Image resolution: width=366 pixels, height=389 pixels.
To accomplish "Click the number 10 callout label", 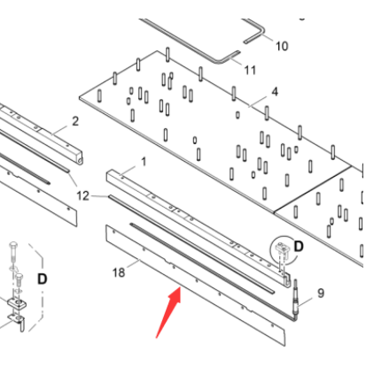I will (x=281, y=45).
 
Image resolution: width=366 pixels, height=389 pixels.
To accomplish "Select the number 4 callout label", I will (x=274, y=92).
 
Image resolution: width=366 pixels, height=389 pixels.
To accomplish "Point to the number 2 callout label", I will (x=74, y=121).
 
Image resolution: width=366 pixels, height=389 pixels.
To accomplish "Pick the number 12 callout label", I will (x=82, y=195).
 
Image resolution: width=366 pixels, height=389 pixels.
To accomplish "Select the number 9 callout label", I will (x=321, y=293).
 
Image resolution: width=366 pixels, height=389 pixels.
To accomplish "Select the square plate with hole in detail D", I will (x=17, y=306).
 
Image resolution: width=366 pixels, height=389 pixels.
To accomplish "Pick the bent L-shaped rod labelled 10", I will (x=253, y=33).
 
